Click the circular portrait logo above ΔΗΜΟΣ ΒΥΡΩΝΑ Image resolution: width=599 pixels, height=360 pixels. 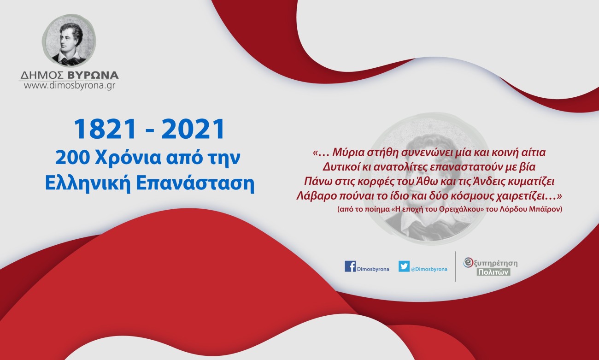pyautogui.click(x=69, y=41)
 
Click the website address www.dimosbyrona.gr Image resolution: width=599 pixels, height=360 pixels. pyautogui.click(x=69, y=85)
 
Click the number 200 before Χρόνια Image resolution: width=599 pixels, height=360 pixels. pyautogui.click(x=72, y=158)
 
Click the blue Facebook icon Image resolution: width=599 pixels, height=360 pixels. pyautogui.click(x=350, y=266)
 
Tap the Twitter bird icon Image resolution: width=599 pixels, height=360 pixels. pyautogui.click(x=404, y=266)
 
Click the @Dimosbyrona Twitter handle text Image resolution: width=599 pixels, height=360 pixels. pyautogui.click(x=429, y=269)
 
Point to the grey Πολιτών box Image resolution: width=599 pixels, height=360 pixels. pyautogui.click(x=493, y=272)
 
